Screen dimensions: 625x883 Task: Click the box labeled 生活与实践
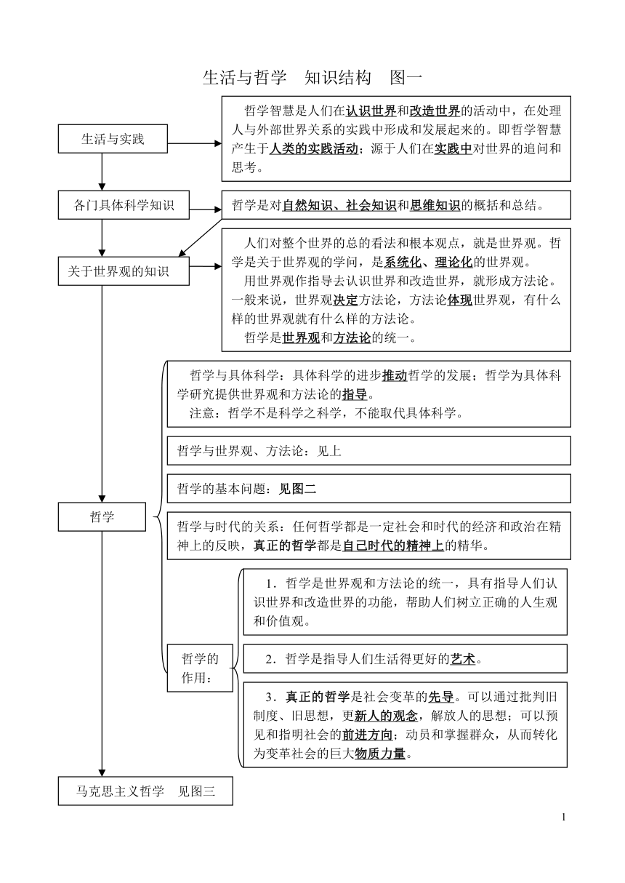[x=113, y=139]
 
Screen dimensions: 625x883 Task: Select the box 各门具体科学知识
[x=124, y=205]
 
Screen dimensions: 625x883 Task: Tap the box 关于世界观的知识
[x=124, y=271]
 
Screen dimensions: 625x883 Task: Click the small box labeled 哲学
[x=102, y=517]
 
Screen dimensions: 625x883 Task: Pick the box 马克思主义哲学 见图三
[x=145, y=791]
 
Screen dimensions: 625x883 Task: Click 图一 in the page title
[x=406, y=78]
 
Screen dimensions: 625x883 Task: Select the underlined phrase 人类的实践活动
[x=314, y=148]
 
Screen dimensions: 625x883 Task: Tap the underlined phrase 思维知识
[x=435, y=205]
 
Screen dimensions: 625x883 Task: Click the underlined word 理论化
[x=453, y=262]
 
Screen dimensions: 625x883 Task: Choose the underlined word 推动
[x=395, y=375]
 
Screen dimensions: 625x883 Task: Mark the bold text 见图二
[x=297, y=489]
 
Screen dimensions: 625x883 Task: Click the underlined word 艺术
[x=463, y=659]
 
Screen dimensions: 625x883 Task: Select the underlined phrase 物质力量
[x=380, y=754]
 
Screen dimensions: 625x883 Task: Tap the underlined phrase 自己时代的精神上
[x=393, y=546]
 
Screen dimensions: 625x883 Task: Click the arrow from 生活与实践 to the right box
[x=195, y=143]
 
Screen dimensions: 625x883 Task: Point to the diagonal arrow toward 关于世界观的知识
[x=200, y=238]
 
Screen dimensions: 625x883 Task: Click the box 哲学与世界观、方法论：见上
[x=369, y=450]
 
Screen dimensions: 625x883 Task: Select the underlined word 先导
[x=441, y=697]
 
